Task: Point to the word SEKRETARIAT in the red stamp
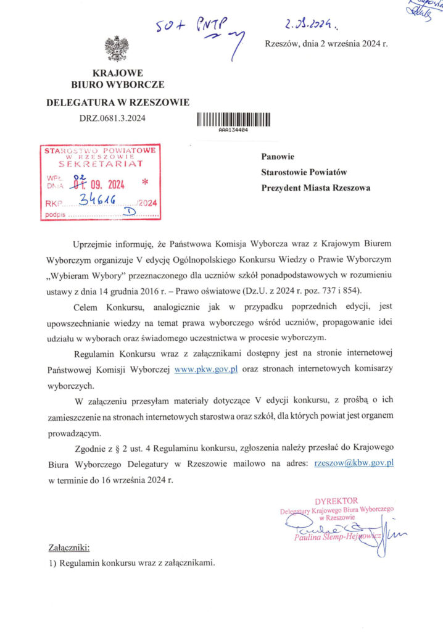pos(101,165)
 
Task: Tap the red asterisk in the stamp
pos(146,183)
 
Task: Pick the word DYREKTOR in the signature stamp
pos(336,500)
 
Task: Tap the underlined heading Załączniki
pos(68,547)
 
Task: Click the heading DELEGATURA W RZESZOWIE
pos(118,102)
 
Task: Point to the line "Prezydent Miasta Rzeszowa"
pos(316,188)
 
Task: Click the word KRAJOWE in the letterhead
pos(117,73)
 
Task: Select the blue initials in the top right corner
pos(422,7)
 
